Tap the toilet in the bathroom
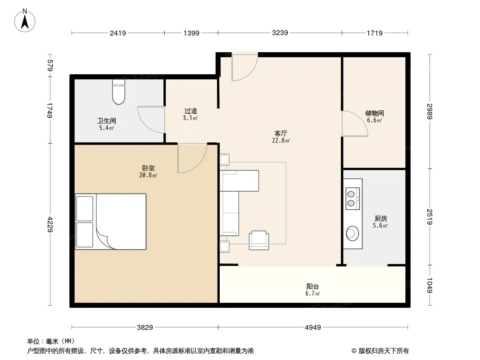[118, 92]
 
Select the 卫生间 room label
[107, 121]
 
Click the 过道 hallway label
[190, 111]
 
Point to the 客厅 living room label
[281, 133]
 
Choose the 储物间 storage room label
[374, 113]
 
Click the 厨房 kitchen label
[380, 218]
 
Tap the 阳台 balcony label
[312, 287]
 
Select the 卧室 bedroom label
[149, 168]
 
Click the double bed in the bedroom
[110, 221]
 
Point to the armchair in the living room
[258, 240]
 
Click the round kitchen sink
[353, 234]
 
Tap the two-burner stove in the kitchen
[353, 198]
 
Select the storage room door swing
[355, 123]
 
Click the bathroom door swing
[151, 120]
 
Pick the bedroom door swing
[192, 158]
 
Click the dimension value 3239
[280, 33]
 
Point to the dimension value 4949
[313, 328]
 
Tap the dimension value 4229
[50, 225]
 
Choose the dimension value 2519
[430, 216]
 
